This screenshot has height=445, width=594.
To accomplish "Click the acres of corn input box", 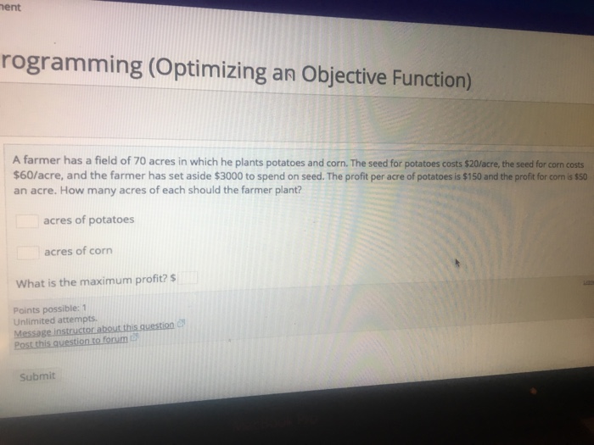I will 29,252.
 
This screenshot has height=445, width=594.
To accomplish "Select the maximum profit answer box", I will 188,278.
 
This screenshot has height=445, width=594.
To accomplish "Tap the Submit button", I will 36,375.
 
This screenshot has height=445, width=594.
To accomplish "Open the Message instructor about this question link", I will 94,328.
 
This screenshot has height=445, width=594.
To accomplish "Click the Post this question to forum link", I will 71,339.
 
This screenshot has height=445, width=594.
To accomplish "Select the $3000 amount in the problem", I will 230,175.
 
